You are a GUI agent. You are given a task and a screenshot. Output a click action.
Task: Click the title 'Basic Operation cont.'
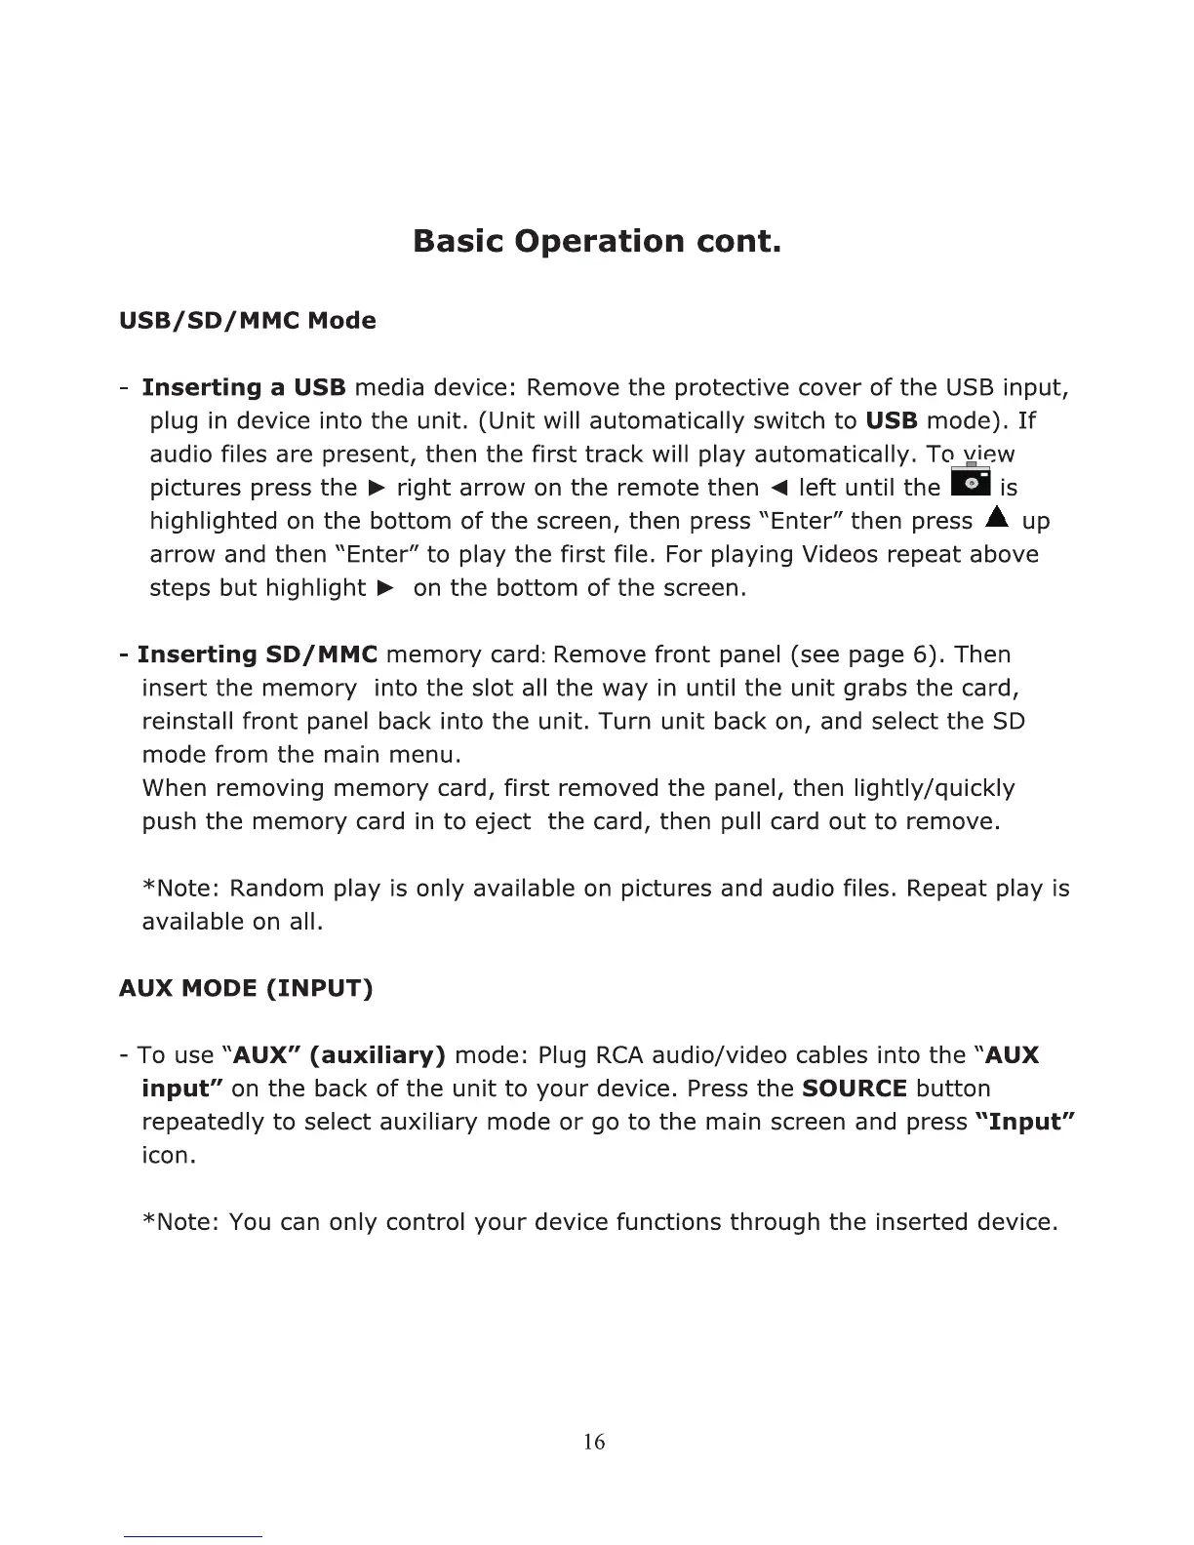click(x=597, y=240)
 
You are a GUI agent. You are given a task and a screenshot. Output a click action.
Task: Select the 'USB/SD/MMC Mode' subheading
click(x=247, y=321)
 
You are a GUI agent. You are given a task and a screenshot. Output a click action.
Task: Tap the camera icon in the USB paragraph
click(x=970, y=483)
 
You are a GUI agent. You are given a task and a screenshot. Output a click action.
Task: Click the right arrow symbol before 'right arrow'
click(x=376, y=488)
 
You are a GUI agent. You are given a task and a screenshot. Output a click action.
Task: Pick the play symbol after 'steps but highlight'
click(x=386, y=588)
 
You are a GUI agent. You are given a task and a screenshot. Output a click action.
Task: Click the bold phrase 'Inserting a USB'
click(x=244, y=388)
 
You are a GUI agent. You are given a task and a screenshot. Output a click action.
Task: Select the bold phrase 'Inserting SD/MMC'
click(x=258, y=654)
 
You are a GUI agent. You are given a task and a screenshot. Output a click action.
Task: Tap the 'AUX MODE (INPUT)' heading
click(x=246, y=989)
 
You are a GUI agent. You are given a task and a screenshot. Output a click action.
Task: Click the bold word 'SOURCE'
click(x=855, y=1089)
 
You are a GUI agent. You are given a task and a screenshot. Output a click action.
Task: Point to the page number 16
click(x=594, y=1442)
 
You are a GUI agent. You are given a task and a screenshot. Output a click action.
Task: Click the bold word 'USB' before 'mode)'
click(x=892, y=421)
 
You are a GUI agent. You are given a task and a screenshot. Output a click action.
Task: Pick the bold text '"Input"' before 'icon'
click(x=1024, y=1122)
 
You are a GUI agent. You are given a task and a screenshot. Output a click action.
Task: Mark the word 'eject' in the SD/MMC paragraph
click(x=502, y=822)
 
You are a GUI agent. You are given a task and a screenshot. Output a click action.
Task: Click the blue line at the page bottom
click(x=193, y=1536)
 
